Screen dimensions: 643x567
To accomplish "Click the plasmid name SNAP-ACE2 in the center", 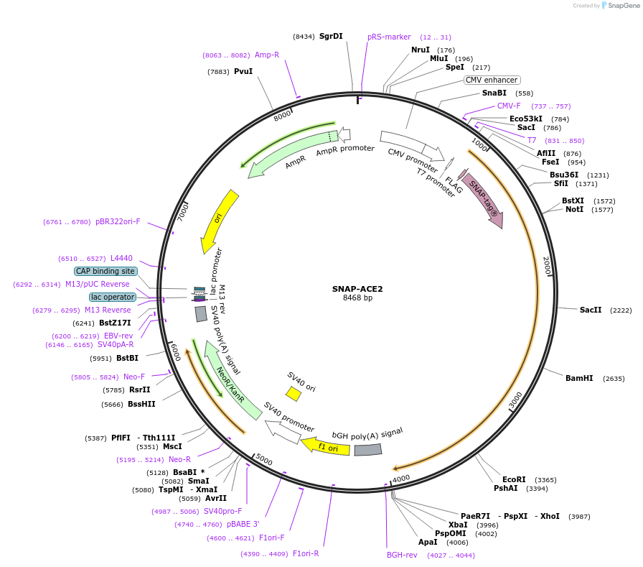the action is coord(357,289).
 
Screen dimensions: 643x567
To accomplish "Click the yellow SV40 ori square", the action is coord(294,393).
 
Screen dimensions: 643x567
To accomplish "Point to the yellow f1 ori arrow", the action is coord(325,446).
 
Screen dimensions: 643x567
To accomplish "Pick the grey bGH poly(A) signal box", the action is coord(368,450).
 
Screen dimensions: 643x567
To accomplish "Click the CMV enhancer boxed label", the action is coord(492,80).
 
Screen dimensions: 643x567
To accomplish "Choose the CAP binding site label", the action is coord(105,271).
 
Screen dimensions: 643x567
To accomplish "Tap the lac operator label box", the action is coord(113,297).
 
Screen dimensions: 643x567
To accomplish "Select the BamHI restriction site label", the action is coord(579,378).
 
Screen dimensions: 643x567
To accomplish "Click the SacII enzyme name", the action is coord(591,310).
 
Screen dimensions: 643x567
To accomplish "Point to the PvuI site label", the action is coord(243,71).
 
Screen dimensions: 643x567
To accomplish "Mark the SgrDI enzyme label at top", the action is coord(331,36).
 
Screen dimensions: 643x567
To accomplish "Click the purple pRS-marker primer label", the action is coord(389,37).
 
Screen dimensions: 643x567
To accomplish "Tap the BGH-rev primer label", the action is coord(402,555).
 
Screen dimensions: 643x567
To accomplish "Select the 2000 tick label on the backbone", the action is coord(547,266).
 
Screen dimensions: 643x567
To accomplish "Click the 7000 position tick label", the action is coord(183,213).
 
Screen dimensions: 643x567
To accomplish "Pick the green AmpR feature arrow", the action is coord(293,154).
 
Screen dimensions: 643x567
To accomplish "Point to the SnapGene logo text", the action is coord(624,5).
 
